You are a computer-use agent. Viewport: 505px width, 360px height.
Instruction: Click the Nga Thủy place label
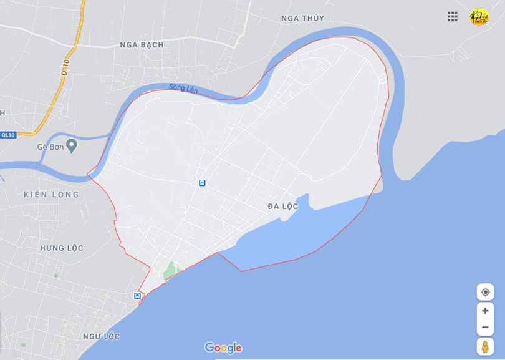point(303,18)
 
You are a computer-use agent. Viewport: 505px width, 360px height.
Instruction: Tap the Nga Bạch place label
point(142,45)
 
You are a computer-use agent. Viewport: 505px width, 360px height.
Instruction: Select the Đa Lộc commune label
point(283,207)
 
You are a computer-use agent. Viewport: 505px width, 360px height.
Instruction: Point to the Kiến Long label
point(52,195)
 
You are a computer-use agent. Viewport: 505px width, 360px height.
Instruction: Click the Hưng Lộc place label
point(62,248)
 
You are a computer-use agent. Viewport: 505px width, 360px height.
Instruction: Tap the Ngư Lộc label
point(102,337)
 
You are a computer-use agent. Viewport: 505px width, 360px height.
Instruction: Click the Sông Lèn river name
point(183,89)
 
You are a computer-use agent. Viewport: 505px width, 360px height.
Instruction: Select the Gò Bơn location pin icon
point(72,146)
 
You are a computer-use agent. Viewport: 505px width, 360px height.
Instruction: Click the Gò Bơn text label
point(50,147)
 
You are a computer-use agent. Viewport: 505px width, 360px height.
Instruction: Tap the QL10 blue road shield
point(8,135)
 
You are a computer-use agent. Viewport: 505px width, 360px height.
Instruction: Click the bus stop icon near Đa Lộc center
point(203,183)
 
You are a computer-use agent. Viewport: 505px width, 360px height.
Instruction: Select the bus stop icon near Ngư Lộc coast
point(137,296)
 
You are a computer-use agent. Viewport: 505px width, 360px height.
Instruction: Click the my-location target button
point(485,292)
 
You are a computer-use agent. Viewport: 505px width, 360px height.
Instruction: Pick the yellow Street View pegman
point(485,346)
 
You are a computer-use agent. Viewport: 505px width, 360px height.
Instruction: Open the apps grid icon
point(453,17)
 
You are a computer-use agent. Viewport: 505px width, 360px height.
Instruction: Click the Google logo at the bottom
point(223,348)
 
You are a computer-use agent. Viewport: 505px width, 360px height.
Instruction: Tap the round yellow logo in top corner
point(479,17)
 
